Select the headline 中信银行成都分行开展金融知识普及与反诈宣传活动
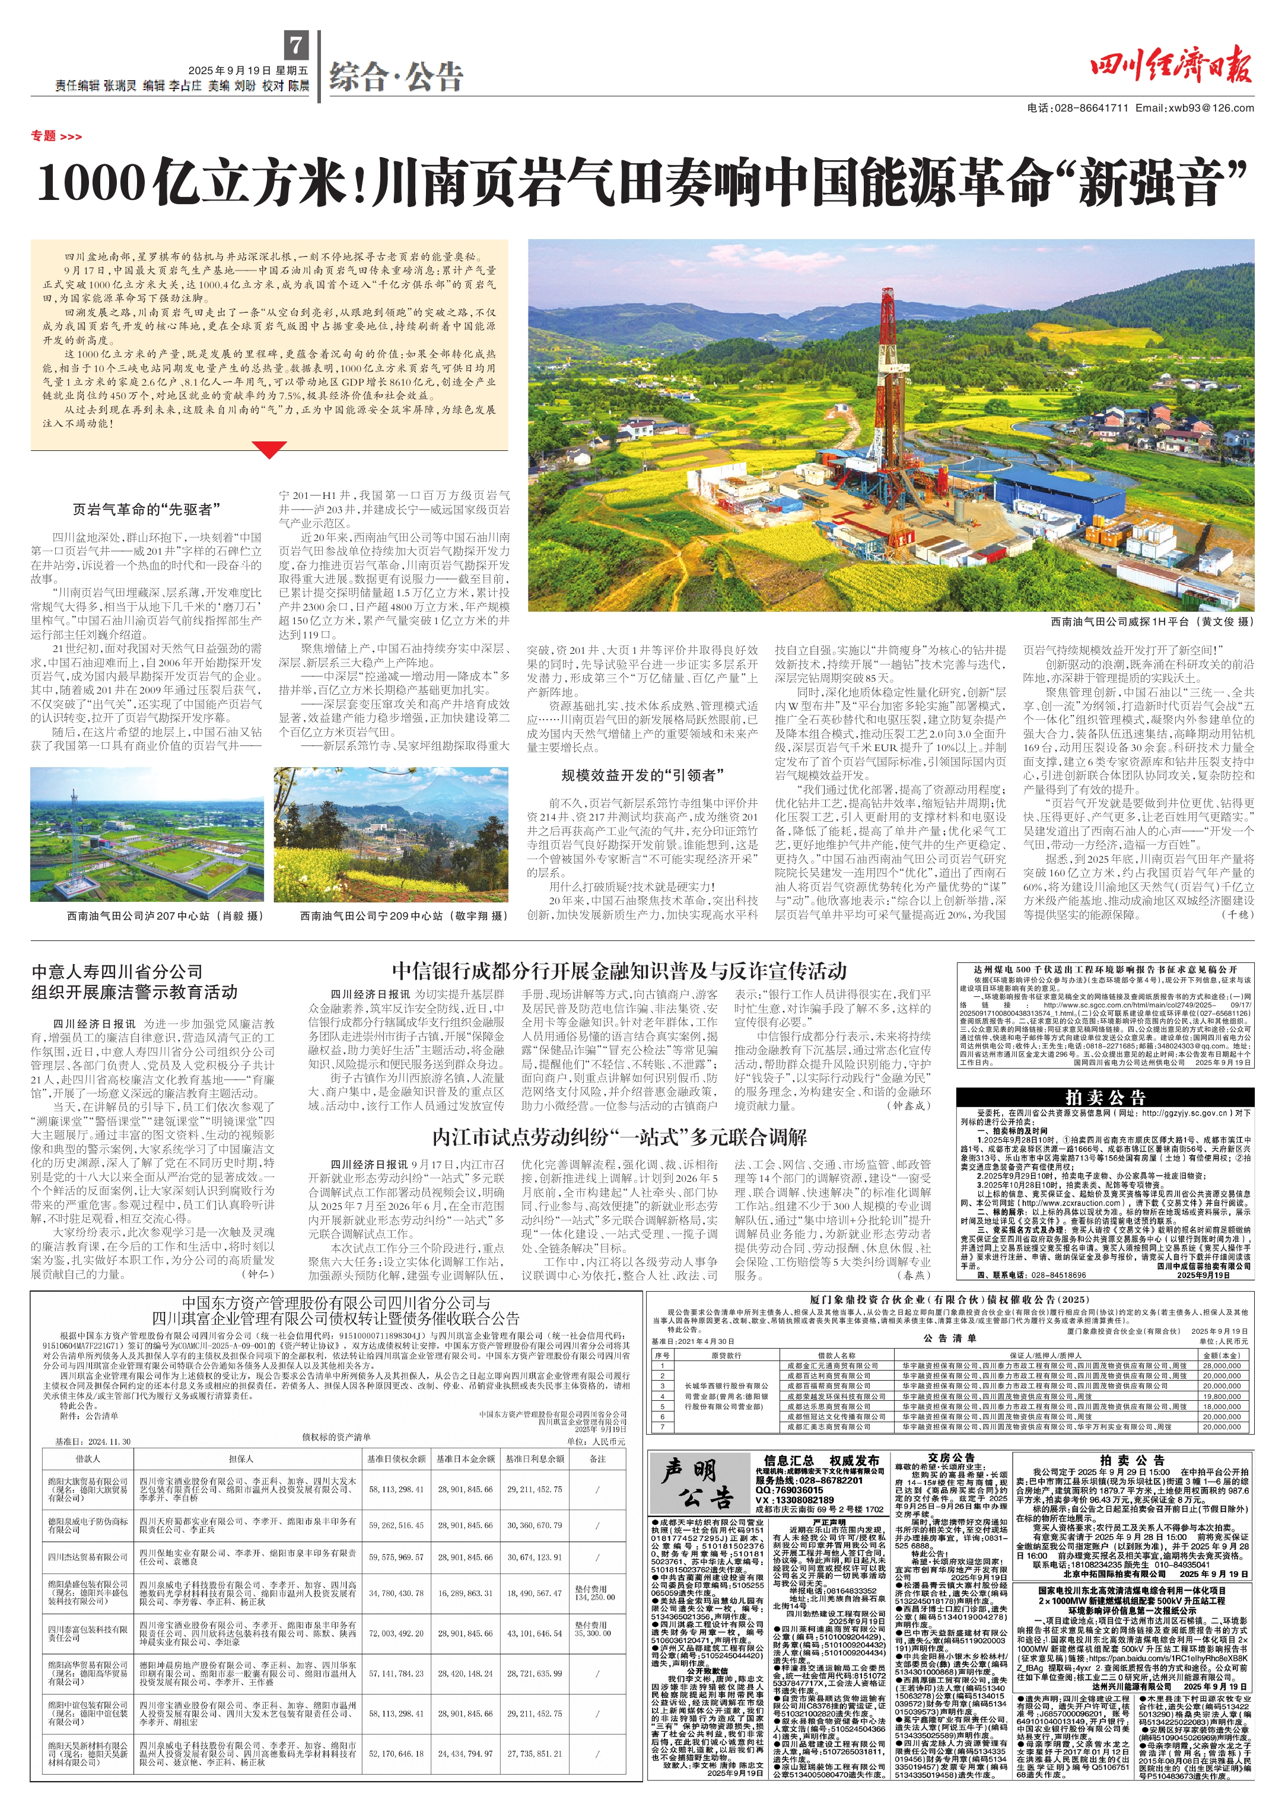(x=619, y=971)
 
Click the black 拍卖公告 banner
(x=1105, y=1098)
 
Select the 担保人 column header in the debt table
(x=240, y=1458)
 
